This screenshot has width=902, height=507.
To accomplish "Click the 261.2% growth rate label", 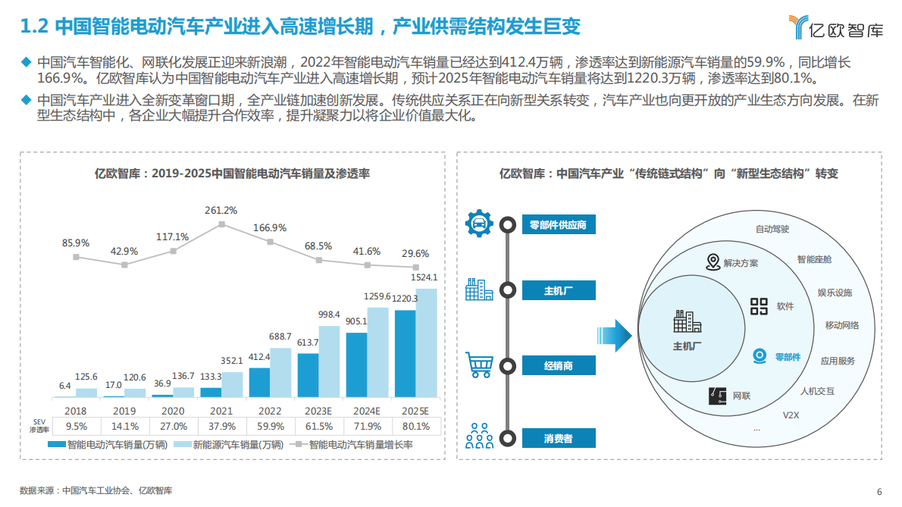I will pos(221,210).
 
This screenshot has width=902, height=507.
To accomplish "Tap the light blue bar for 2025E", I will pos(427,343).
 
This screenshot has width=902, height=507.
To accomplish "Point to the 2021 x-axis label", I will pos(221,410).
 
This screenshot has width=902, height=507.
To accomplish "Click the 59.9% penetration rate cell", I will pos(270,425).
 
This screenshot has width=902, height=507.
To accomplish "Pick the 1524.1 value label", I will pos(425,277).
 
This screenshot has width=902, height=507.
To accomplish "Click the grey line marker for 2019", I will pos(124,264).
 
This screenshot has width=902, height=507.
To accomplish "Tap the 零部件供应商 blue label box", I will pos(559,224).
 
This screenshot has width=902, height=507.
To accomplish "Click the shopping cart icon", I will pos(479,365).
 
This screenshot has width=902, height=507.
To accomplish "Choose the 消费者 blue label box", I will pos(559,438).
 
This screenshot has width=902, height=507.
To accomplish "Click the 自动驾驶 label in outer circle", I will pos(772,229).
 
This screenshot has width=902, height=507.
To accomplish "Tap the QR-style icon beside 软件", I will pos(759,306).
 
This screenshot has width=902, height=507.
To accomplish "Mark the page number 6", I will pos(879,490).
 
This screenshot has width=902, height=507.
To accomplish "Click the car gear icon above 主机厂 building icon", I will pos(479,223).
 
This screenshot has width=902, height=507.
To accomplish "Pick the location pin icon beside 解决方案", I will pos(713,263).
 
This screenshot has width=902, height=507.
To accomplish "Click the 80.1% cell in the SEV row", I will pos(415,425).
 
